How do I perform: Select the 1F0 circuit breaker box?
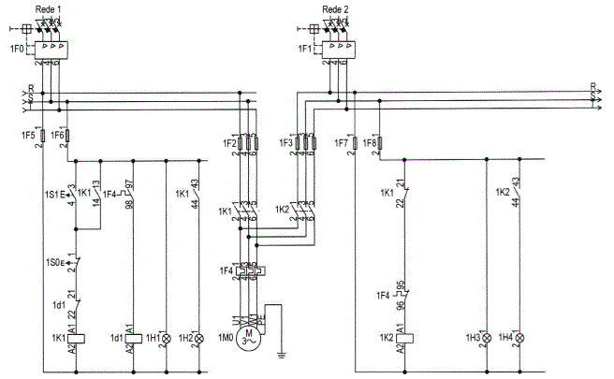pos(52,48)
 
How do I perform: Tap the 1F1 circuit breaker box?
pos(338,48)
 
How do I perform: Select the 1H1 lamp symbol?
pos(166,337)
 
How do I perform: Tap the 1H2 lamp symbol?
pos(197,337)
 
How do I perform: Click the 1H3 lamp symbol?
pos(488,337)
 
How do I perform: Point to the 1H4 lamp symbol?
pos(519,337)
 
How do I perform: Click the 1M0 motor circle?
pos(249,337)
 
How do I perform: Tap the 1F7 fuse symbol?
pos(358,143)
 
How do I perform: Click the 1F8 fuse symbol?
pos(381,143)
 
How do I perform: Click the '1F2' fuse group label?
pos(227,143)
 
